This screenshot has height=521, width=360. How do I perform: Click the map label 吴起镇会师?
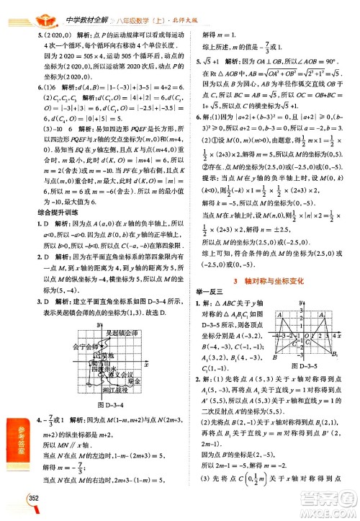(120, 313)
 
